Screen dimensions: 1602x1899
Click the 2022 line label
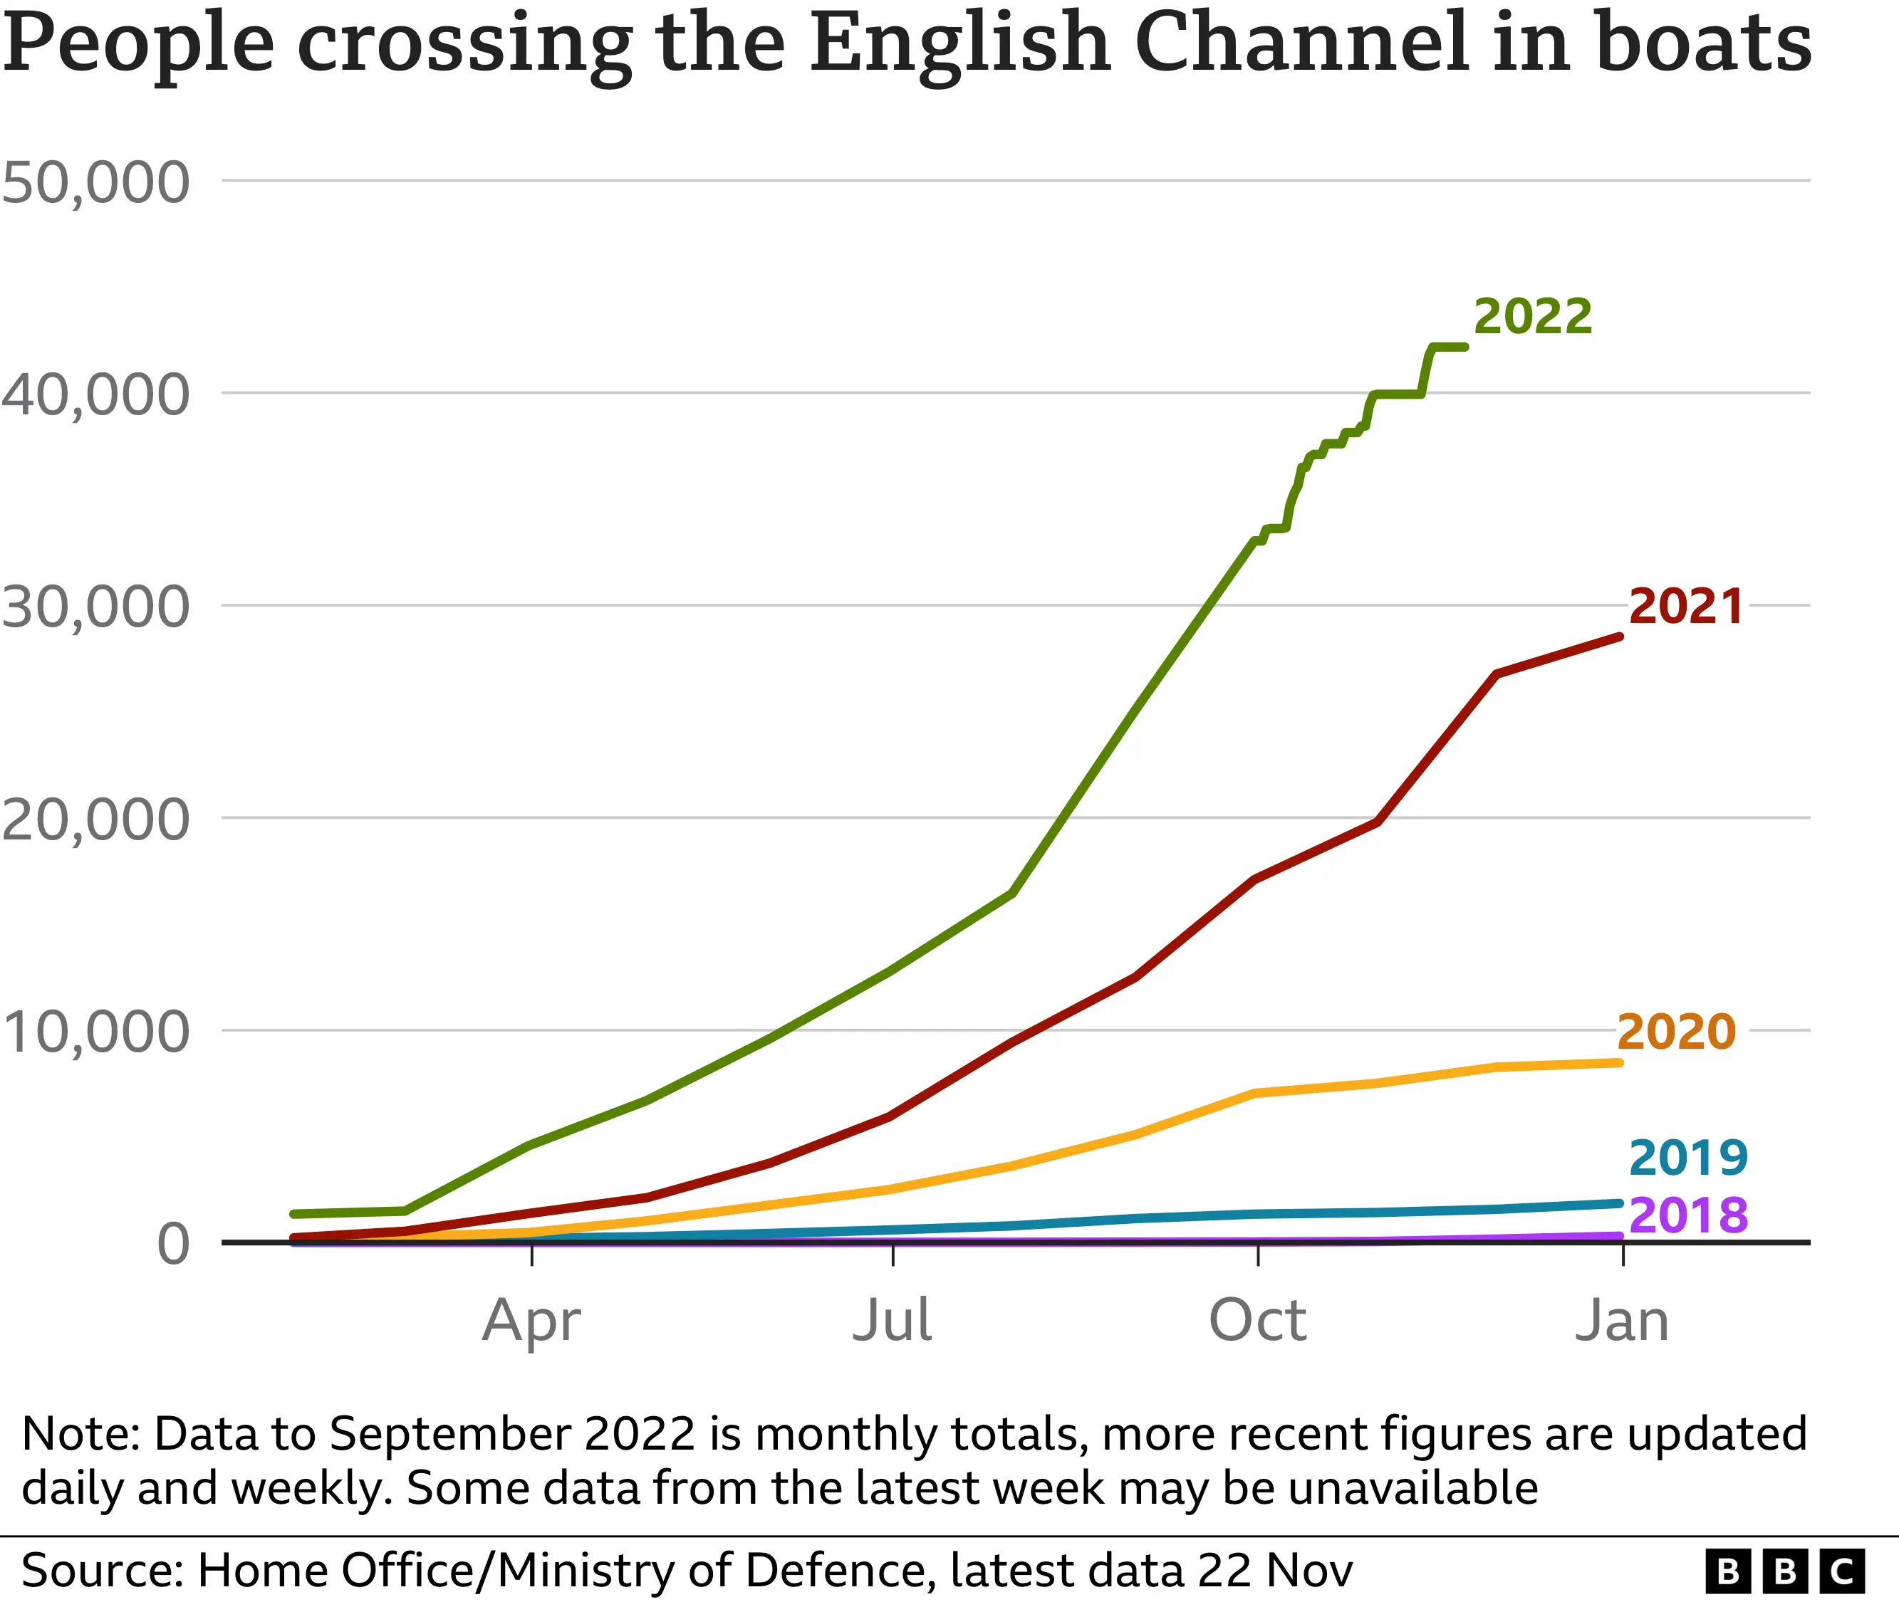click(x=1532, y=317)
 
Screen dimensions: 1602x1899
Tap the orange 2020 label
click(x=1675, y=1032)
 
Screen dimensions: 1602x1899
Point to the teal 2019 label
click(x=1687, y=1158)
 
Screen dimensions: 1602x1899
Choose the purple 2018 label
click(x=1687, y=1215)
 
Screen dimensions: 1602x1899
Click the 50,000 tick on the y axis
click(x=95, y=182)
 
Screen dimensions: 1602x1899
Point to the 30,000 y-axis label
click(x=95, y=607)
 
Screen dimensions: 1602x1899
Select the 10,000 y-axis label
click(x=95, y=1032)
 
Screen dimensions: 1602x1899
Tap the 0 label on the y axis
click(x=172, y=1244)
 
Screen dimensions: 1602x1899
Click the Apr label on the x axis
click(x=531, y=1322)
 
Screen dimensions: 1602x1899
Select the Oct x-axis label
click(x=1257, y=1321)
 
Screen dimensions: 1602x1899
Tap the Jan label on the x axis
click(x=1621, y=1321)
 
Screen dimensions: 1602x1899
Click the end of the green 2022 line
click(x=1464, y=347)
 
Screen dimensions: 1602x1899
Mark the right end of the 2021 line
click(x=1620, y=637)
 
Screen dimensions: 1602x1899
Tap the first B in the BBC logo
click(x=1727, y=1571)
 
